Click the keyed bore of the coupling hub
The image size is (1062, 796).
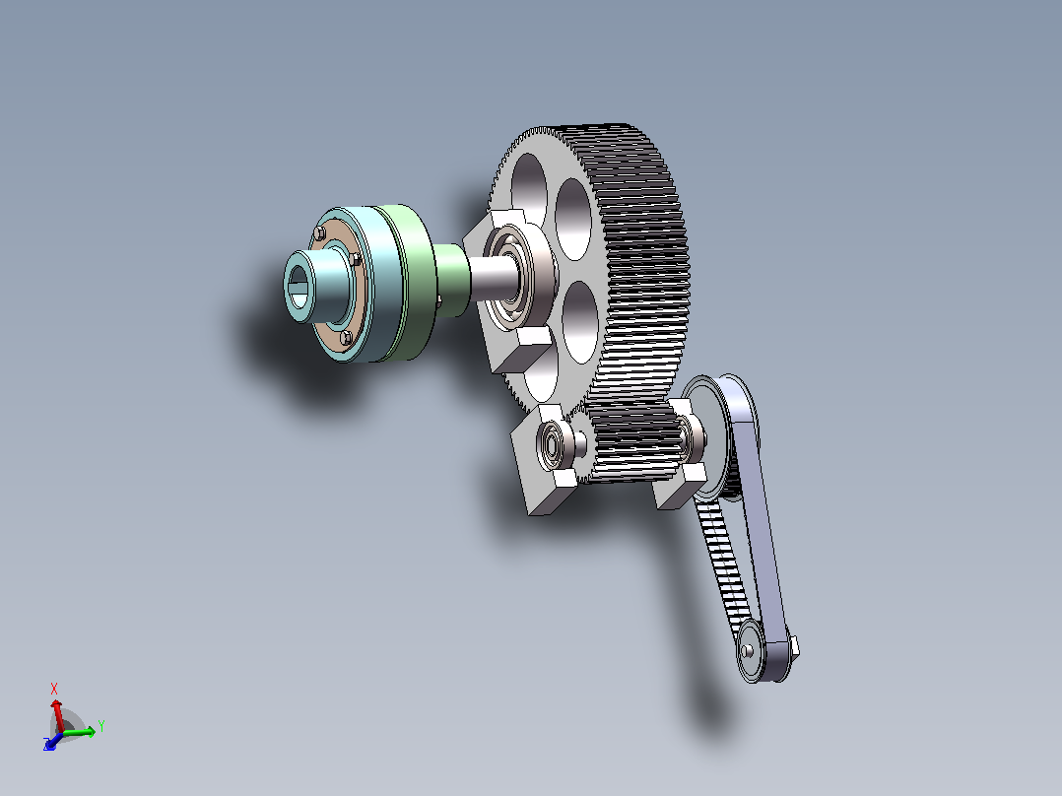tap(298, 287)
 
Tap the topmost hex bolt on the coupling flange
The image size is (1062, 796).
tap(319, 233)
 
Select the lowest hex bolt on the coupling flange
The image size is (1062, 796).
tap(346, 337)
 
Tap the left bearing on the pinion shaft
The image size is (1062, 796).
tap(551, 443)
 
